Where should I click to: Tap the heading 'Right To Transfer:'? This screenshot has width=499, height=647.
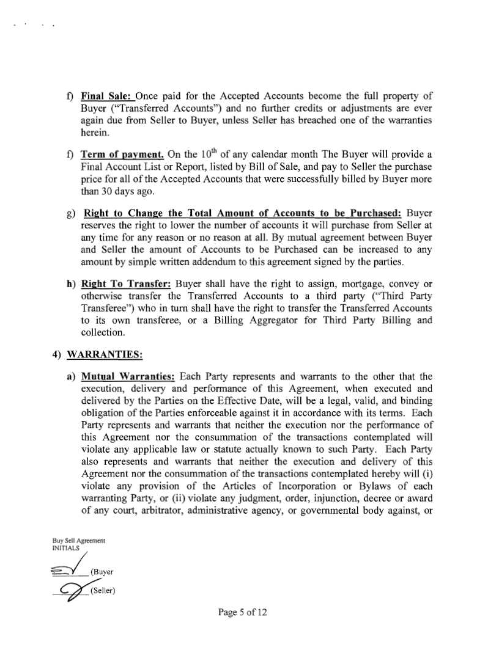(x=125, y=283)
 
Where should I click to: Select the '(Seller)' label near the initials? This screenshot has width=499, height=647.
(x=103, y=590)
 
